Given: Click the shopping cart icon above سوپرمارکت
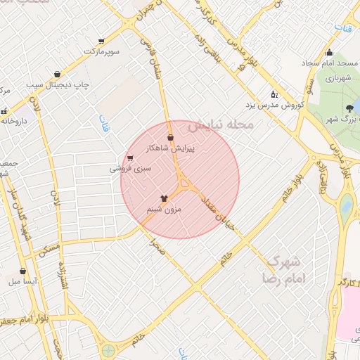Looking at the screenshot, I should click(x=102, y=41).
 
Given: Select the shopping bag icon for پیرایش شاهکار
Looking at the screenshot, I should click(x=171, y=138).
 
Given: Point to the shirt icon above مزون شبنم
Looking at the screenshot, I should click(x=165, y=198).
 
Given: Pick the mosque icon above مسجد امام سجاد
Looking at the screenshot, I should click(x=329, y=53).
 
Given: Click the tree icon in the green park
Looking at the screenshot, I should click(x=349, y=108).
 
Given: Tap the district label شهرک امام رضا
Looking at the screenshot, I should click(x=286, y=270).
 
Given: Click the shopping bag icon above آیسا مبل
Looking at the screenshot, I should click(x=24, y=271).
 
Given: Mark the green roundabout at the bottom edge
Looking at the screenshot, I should click(x=108, y=350).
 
